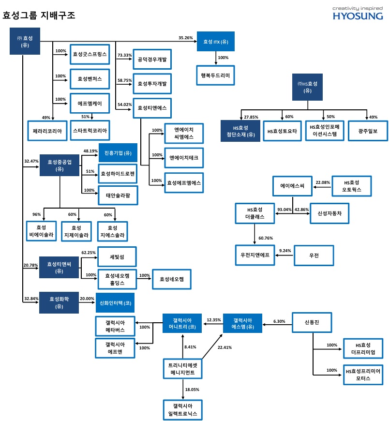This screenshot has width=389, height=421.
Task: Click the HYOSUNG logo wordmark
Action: pos(358,16)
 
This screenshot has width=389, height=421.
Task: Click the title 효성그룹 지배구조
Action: pos(39,15)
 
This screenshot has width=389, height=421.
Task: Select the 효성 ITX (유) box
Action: pos(216,41)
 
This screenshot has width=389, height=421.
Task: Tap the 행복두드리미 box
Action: pos(215,75)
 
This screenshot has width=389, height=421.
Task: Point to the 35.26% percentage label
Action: pos(185,38)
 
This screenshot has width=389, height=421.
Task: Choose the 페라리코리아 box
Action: pos(47,131)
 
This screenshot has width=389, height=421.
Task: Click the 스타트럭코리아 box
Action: pos(90,131)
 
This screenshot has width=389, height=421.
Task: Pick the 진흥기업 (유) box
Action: pos(118,153)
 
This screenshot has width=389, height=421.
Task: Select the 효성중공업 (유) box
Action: pos(60,165)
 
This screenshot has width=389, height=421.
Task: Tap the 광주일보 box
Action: pos(368,131)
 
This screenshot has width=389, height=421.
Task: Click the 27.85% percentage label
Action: pos(251,117)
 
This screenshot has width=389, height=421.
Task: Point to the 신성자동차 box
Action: pos(329,213)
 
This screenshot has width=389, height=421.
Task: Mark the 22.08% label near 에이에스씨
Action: pos(323,182)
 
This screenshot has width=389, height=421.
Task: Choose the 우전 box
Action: pos(314,256)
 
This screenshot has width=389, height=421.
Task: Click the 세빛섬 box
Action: pos(117,256)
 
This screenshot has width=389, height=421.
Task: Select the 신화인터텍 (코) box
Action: pos(115,303)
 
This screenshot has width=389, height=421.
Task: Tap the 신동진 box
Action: pos(312,322)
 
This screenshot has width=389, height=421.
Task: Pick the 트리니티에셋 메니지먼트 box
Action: pos(183,369)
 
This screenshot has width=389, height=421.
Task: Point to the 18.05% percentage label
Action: pos(192,390)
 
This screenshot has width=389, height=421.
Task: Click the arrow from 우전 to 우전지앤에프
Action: pos(284,256)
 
